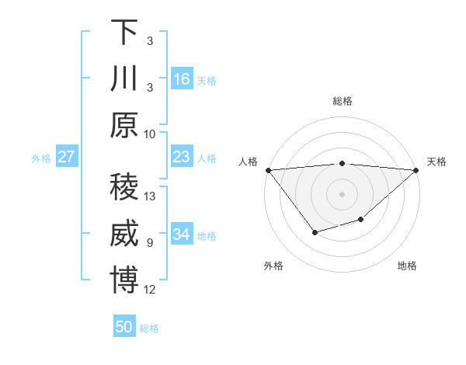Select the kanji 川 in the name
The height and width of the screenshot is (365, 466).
(124, 79)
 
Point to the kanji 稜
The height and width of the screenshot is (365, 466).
(124, 189)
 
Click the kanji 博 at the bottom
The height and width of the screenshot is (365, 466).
(124, 281)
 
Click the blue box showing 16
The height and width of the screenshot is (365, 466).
(182, 79)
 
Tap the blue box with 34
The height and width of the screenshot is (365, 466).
(182, 235)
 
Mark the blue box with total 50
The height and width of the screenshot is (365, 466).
(124, 327)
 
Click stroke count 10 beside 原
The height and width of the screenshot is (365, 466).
(150, 134)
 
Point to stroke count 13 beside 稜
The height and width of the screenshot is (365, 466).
(151, 196)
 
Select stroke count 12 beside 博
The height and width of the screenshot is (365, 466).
(151, 290)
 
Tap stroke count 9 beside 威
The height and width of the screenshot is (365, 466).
(150, 243)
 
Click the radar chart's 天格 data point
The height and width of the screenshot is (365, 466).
(416, 170)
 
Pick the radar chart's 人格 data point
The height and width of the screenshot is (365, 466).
(268, 170)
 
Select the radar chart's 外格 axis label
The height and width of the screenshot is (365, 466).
(273, 266)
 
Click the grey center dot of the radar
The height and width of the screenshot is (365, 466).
(342, 193)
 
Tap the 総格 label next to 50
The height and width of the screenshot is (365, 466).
(149, 328)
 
